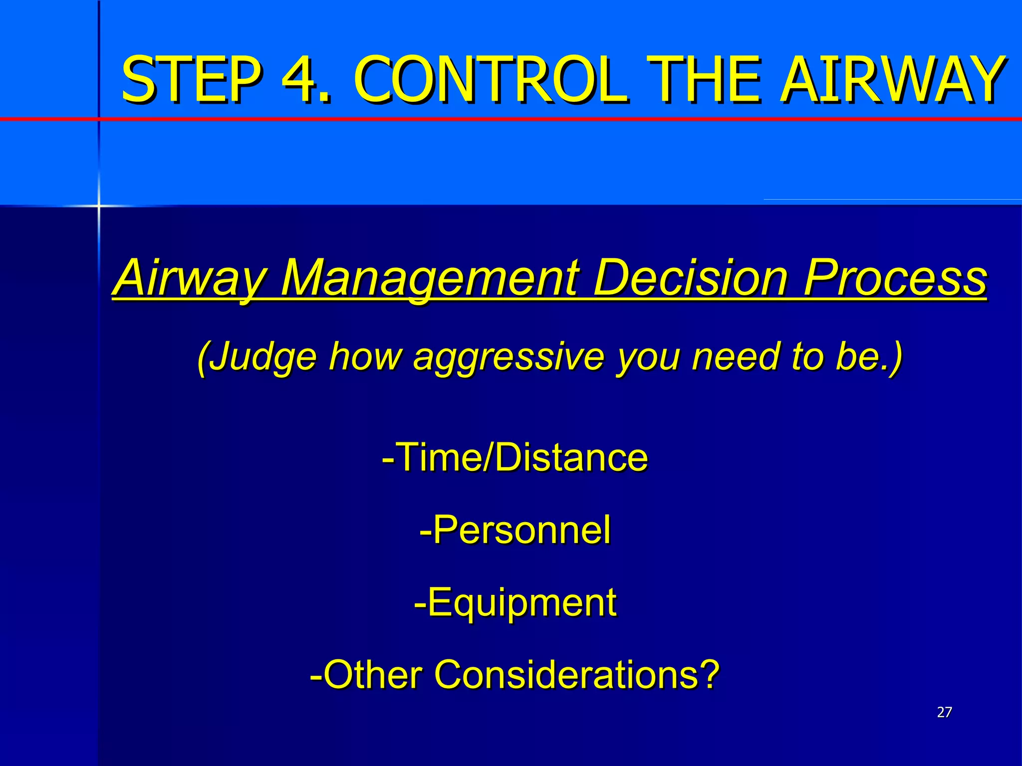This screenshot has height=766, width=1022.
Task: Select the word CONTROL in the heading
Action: (489, 80)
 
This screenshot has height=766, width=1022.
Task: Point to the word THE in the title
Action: (706, 80)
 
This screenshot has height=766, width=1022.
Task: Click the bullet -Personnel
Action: (515, 530)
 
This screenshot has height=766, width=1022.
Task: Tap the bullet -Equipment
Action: (515, 602)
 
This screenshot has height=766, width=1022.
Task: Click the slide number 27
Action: (944, 712)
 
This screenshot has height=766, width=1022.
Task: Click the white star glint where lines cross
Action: (99, 205)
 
